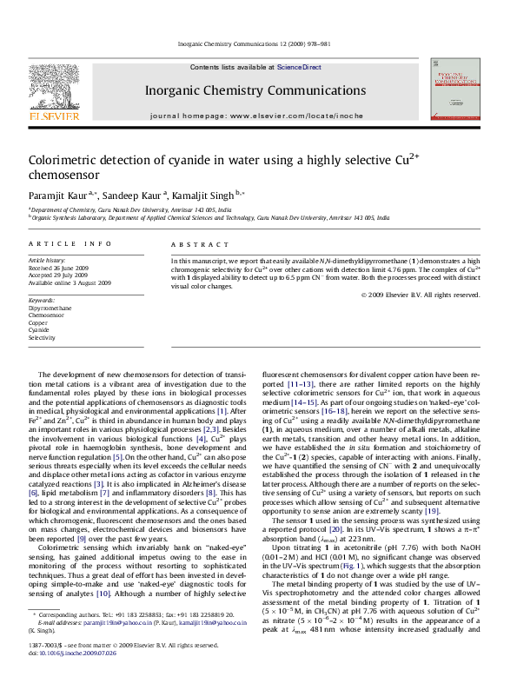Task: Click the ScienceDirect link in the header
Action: coord(299,67)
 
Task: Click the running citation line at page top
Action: coord(258,43)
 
